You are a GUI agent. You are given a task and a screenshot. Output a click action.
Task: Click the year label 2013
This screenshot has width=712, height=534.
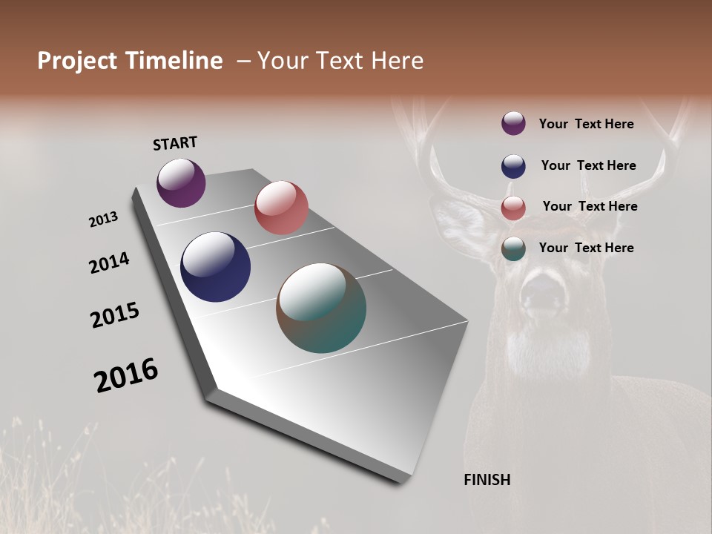pyautogui.click(x=103, y=220)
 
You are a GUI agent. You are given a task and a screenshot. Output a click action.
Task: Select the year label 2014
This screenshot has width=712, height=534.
pyautogui.click(x=109, y=263)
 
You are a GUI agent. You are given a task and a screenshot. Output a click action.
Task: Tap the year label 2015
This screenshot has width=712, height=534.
pyautogui.click(x=115, y=315)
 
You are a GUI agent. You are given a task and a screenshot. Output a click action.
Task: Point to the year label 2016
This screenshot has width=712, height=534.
pyautogui.click(x=126, y=375)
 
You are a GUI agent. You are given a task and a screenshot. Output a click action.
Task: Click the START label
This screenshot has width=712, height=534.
pyautogui.click(x=175, y=143)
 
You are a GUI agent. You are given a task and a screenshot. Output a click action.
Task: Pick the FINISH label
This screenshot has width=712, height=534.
pyautogui.click(x=487, y=480)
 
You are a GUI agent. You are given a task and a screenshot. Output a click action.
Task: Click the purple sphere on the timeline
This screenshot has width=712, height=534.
pyautogui.click(x=181, y=182)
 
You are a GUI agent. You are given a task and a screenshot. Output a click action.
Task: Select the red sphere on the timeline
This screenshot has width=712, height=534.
pyautogui.click(x=281, y=208)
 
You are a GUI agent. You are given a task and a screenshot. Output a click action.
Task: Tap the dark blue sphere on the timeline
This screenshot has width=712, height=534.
pyautogui.click(x=215, y=267)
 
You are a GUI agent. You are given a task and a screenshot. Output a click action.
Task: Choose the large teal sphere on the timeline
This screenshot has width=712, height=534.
pyautogui.click(x=321, y=308)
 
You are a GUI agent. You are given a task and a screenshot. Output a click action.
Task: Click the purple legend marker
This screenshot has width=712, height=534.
pyautogui.click(x=513, y=123)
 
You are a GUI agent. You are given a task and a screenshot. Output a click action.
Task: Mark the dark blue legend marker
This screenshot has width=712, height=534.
pyautogui.click(x=513, y=166)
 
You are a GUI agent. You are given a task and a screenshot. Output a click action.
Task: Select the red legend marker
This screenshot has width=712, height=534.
pyautogui.click(x=513, y=208)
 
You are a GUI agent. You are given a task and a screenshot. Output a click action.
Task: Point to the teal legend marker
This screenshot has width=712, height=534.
pyautogui.click(x=513, y=248)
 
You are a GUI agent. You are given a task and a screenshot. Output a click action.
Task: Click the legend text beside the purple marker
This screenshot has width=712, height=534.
pyautogui.click(x=586, y=124)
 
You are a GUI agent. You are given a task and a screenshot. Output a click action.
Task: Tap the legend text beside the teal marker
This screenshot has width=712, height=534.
pyautogui.click(x=586, y=248)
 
